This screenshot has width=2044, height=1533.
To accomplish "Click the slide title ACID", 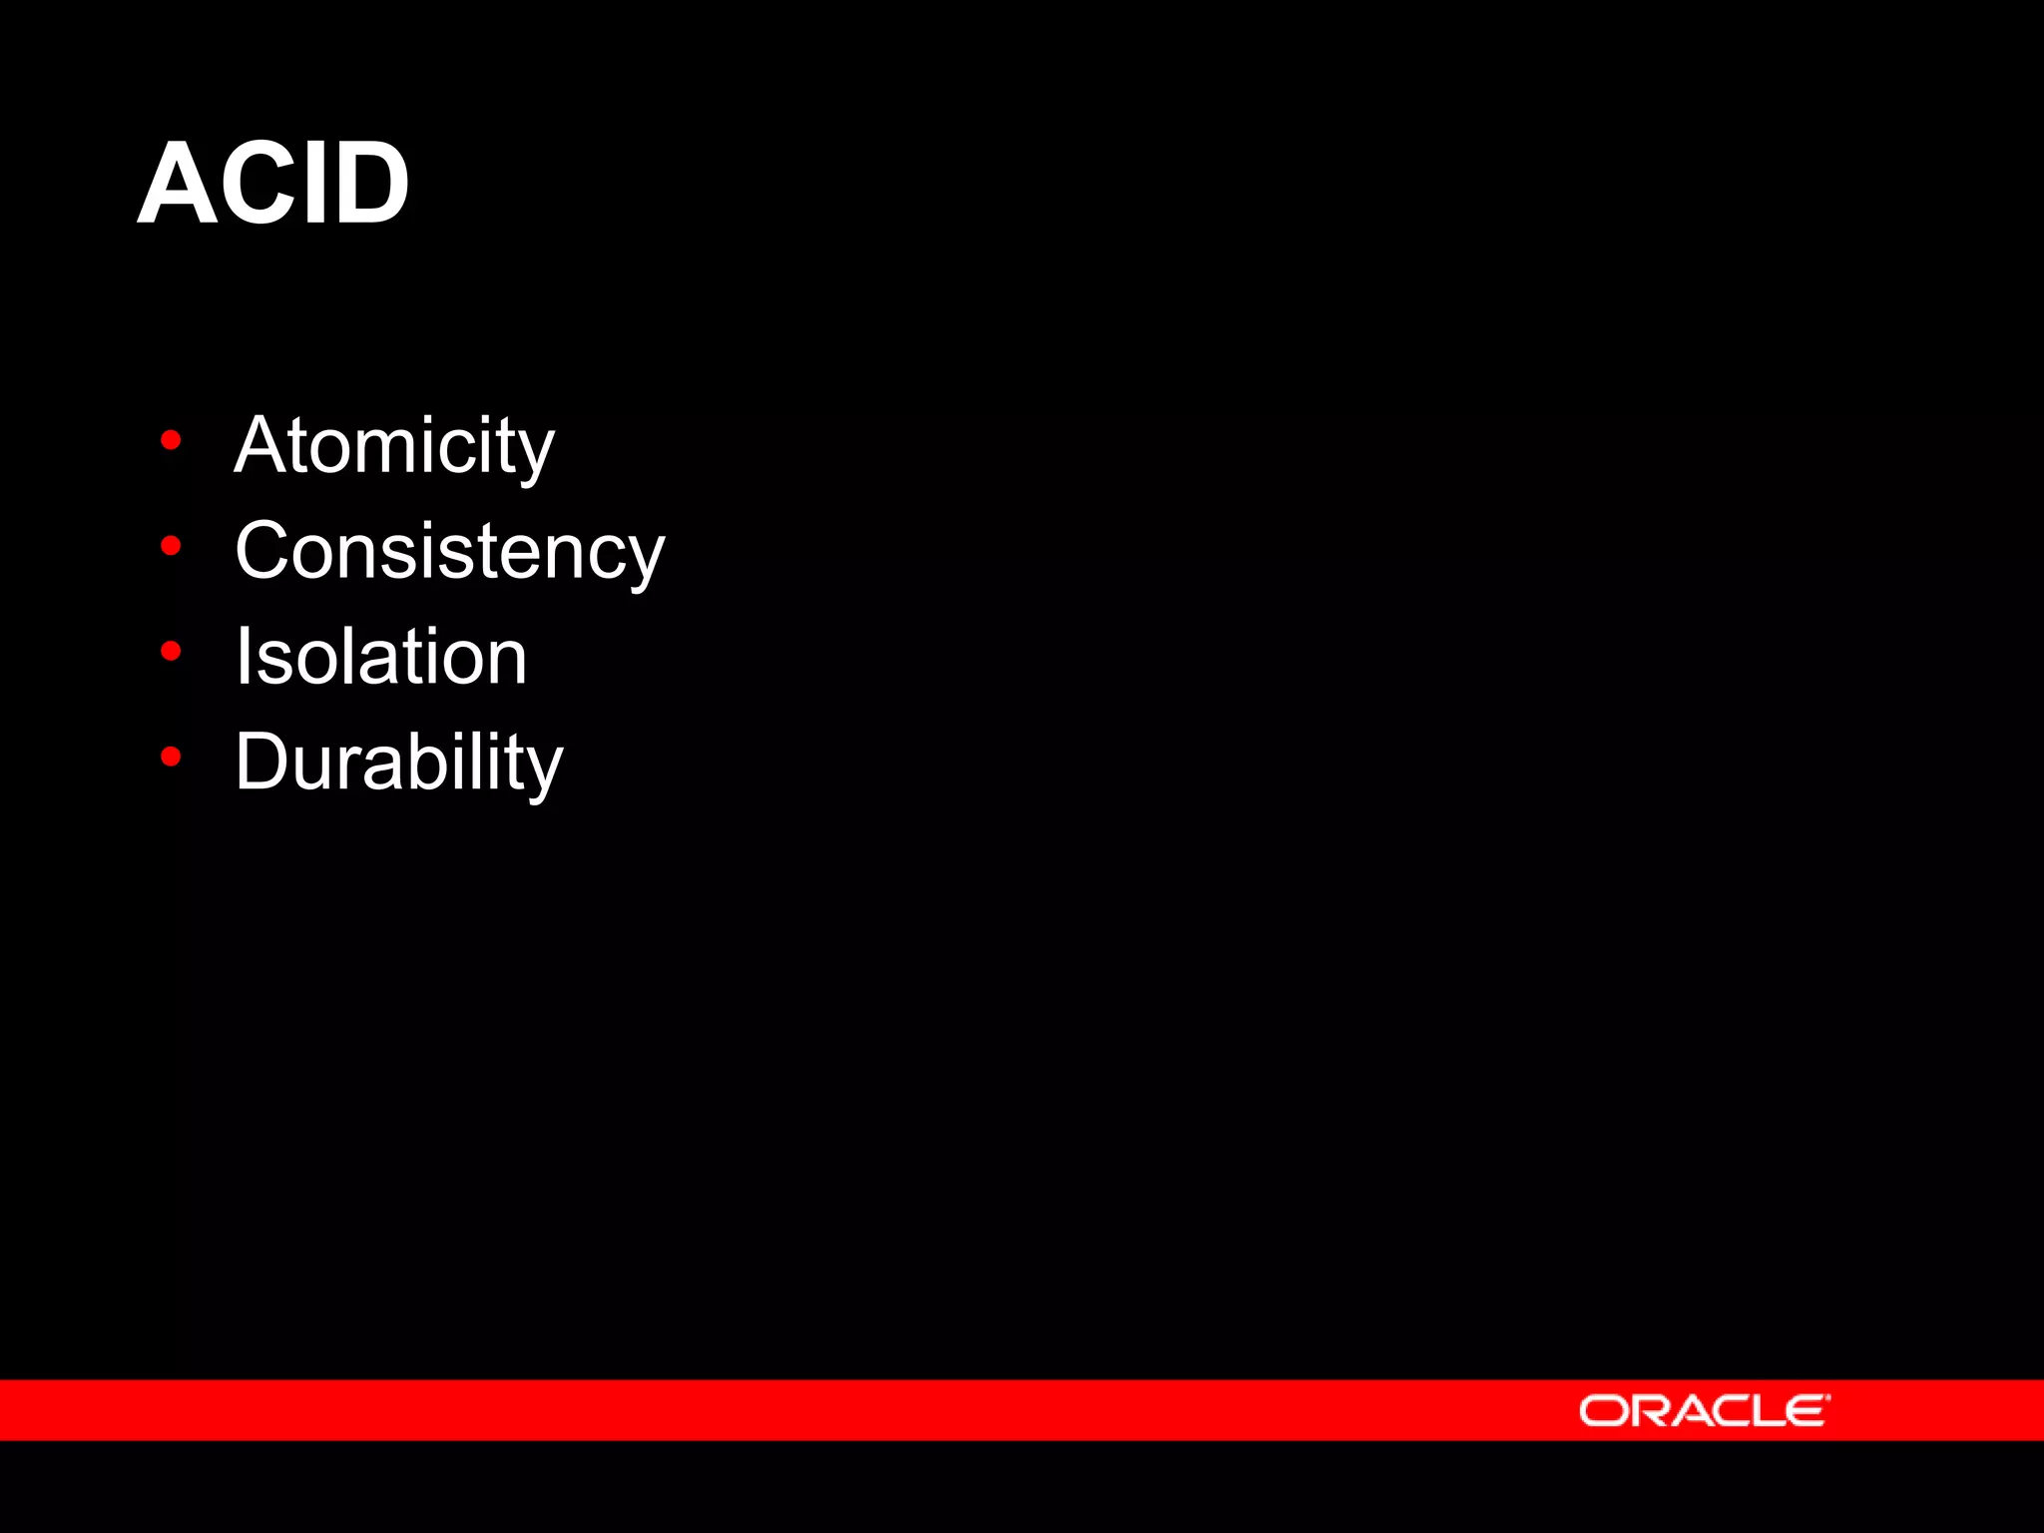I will pyautogui.click(x=272, y=185).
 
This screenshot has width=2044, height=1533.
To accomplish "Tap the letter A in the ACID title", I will pyautogui.click(x=176, y=185).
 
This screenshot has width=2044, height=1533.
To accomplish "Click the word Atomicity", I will pyautogui.click(x=394, y=446).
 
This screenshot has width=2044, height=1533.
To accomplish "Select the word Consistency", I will pyautogui.click(x=449, y=552).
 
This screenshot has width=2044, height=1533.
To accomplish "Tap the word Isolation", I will pyautogui.click(x=380, y=658).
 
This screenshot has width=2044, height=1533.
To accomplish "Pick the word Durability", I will pyautogui.click(x=399, y=764).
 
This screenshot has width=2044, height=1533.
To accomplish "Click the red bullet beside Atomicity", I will pyautogui.click(x=171, y=440).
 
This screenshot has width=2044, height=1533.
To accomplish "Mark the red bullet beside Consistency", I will pyautogui.click(x=171, y=546).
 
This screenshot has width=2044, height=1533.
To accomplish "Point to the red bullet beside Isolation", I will pyautogui.click(x=171, y=652).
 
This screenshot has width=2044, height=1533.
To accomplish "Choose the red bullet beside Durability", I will pyautogui.click(x=171, y=758).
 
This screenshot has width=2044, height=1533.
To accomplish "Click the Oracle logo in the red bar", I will pyautogui.click(x=1703, y=1411).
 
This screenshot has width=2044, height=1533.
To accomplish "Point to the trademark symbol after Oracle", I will pyautogui.click(x=1827, y=1398).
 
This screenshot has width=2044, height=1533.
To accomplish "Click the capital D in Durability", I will pyautogui.click(x=262, y=764).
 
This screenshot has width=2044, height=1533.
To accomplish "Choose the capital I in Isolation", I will pyautogui.click(x=243, y=658).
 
